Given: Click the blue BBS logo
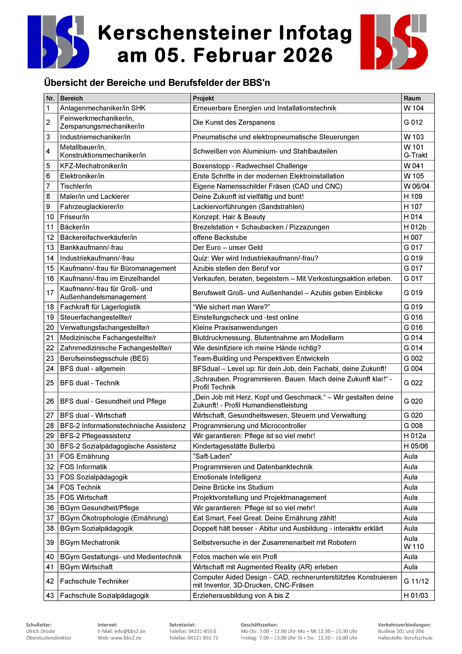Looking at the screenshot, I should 58,42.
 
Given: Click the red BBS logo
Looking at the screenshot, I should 394,42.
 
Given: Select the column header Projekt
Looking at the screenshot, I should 203,98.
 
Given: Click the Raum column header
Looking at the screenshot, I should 412,98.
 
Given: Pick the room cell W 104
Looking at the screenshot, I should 413,108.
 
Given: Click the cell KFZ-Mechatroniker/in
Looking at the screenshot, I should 93,166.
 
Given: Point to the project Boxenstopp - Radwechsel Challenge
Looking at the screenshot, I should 250,166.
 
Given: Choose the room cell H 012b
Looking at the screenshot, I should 415,227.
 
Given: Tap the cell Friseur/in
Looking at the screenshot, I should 75,217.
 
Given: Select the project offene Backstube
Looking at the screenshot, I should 220,237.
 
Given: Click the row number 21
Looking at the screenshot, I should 50,337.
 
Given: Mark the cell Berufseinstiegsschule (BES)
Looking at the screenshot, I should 104,358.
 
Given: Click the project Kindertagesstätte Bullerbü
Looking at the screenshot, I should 234,446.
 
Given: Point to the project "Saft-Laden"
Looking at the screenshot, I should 212,456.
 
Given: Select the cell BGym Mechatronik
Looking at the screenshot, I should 90,543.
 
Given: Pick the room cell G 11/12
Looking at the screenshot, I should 416,581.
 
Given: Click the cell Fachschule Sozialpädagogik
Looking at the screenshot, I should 104,595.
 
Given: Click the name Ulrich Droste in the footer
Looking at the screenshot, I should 41,631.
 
